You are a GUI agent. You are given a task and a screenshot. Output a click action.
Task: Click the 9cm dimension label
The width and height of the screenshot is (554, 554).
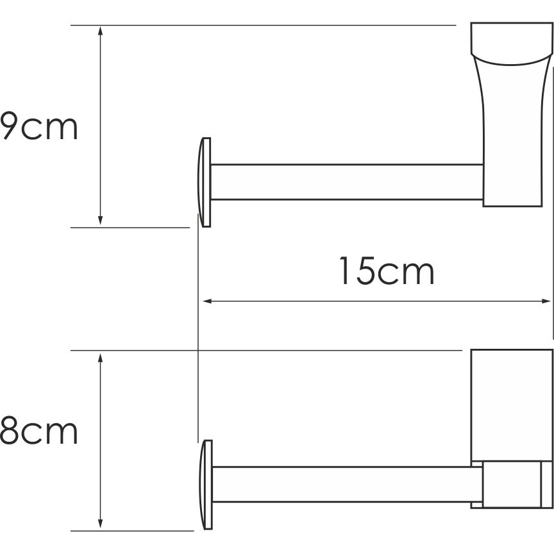pyautogui.click(x=38, y=127)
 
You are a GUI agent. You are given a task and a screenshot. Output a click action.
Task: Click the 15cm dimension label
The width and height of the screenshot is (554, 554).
pyautogui.click(x=386, y=272)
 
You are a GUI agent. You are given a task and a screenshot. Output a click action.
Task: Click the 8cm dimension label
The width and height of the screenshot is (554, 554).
pyautogui.click(x=38, y=432)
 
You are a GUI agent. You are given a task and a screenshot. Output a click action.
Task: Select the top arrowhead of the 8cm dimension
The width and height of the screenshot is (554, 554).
pyautogui.click(x=101, y=357)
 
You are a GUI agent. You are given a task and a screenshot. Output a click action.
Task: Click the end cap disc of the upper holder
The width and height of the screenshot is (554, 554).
pyautogui.click(x=205, y=182)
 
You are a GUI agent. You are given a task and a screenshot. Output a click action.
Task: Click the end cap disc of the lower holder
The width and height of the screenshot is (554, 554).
pyautogui.click(x=206, y=485)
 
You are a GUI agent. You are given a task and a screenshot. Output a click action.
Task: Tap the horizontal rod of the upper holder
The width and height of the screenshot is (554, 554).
pyautogui.click(x=346, y=182)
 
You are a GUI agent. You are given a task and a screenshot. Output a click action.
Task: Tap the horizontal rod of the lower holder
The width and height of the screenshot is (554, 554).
pyautogui.click(x=346, y=484)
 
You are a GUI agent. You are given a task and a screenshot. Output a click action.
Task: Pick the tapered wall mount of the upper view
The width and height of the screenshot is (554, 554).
pyautogui.click(x=510, y=115)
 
